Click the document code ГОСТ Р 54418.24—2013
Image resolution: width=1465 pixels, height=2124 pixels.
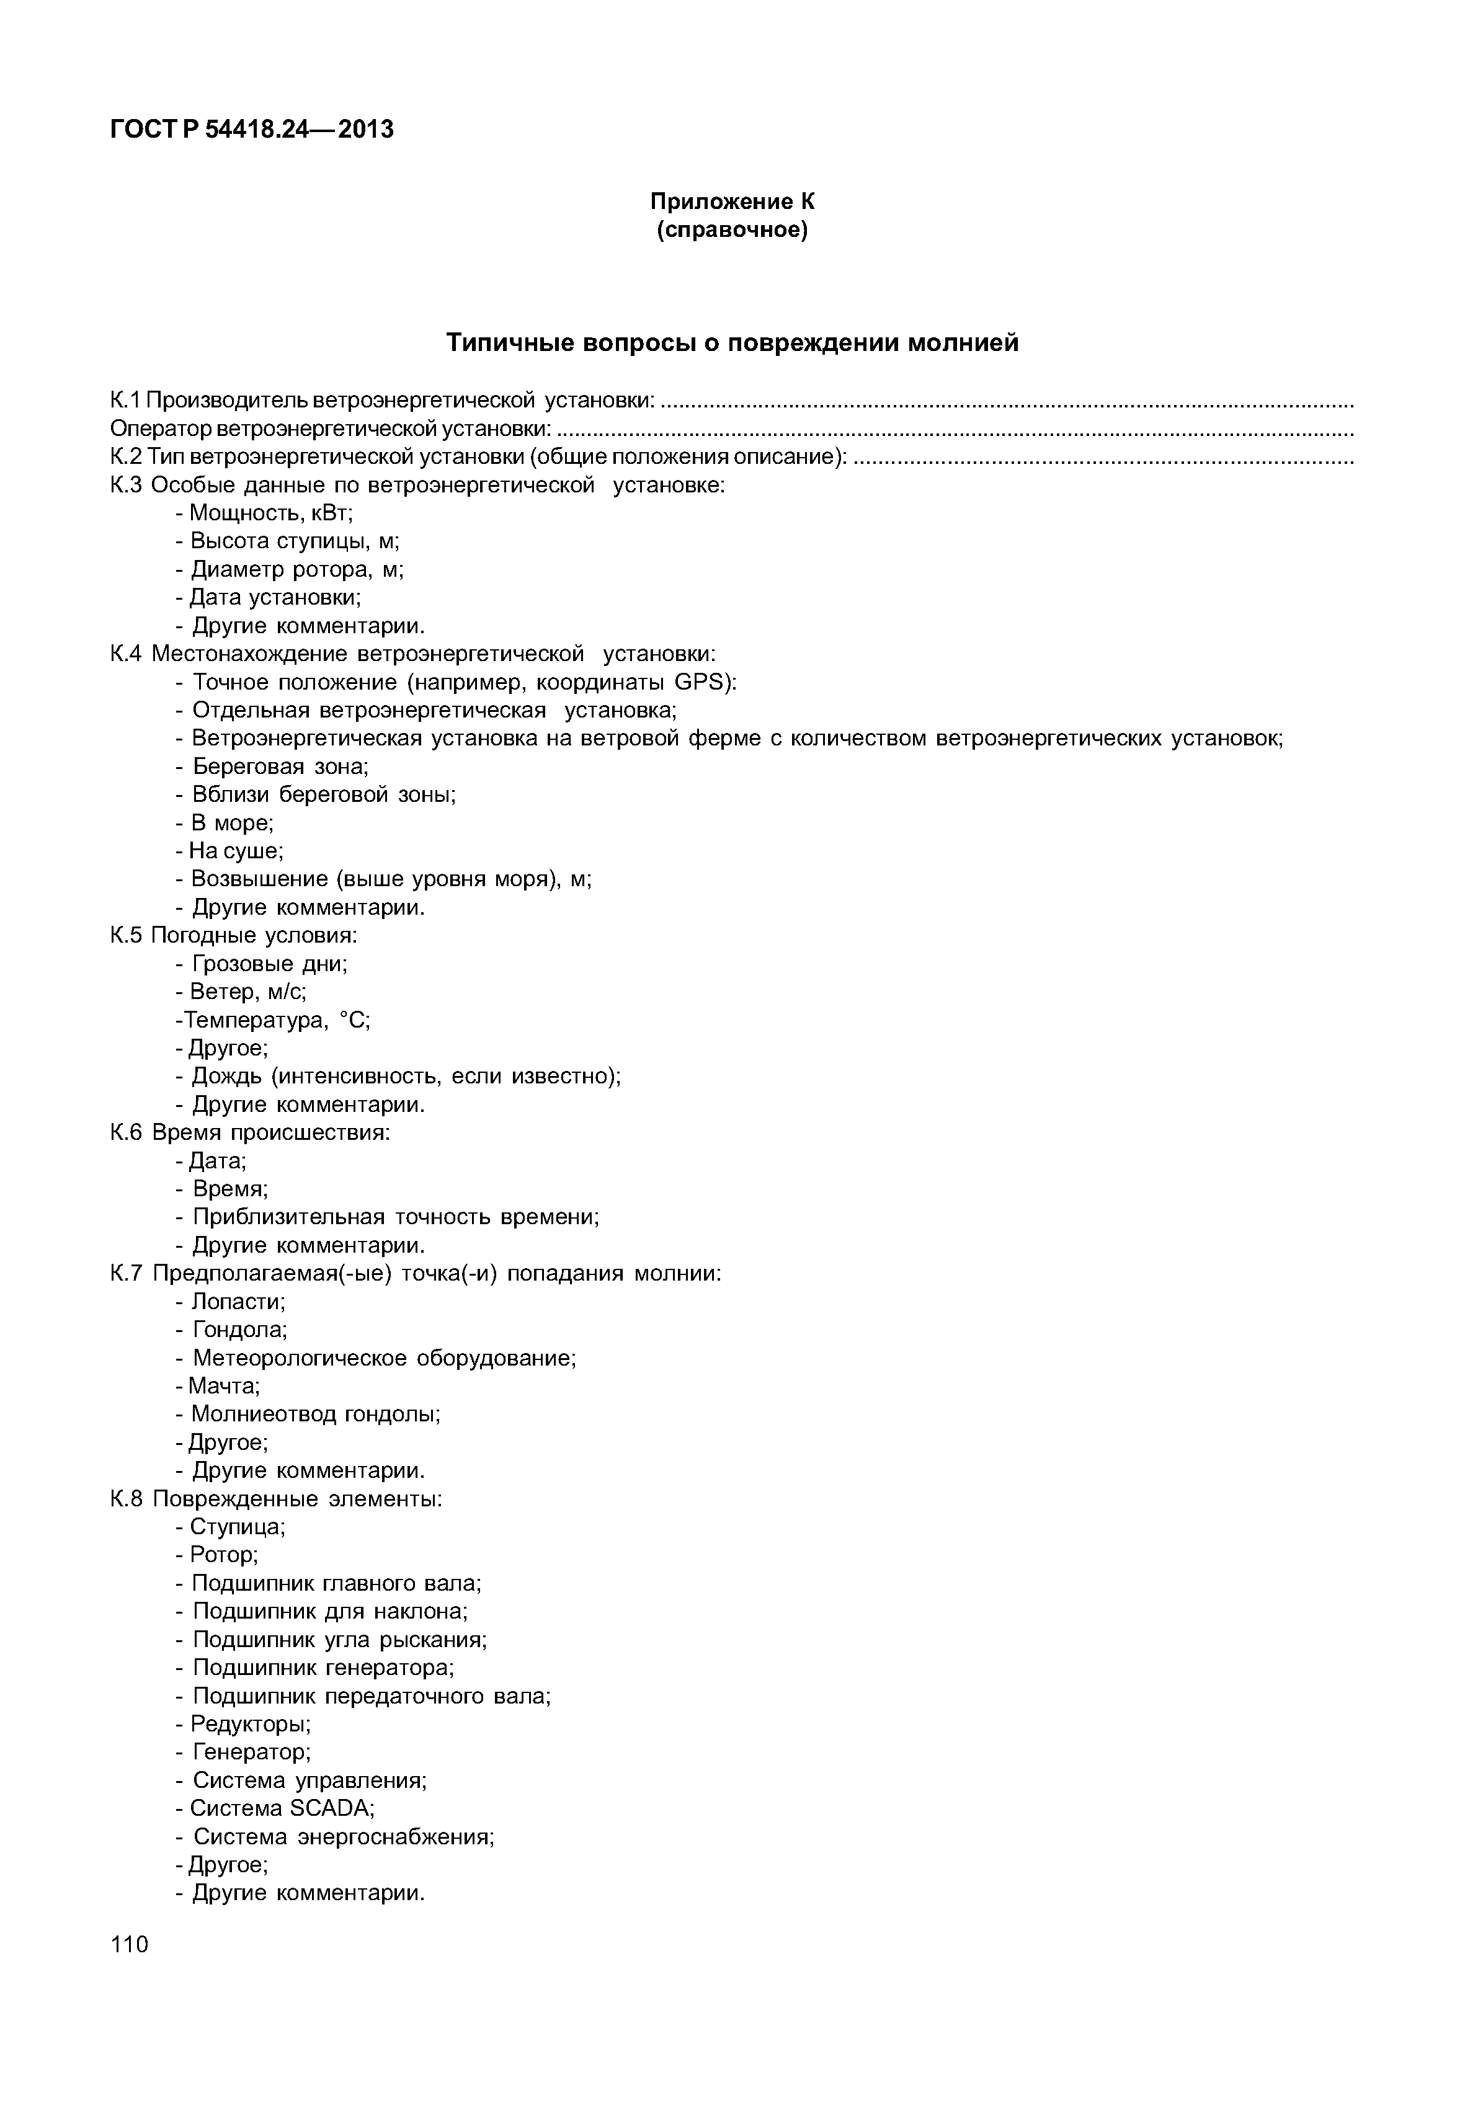pos(252,130)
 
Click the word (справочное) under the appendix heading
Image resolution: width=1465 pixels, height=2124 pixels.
pos(732,229)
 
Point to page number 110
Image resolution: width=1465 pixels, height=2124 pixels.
pos(130,1945)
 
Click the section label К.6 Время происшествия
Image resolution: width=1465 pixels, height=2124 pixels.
pos(250,1132)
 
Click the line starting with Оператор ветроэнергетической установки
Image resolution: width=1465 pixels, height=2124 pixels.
pos(331,429)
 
